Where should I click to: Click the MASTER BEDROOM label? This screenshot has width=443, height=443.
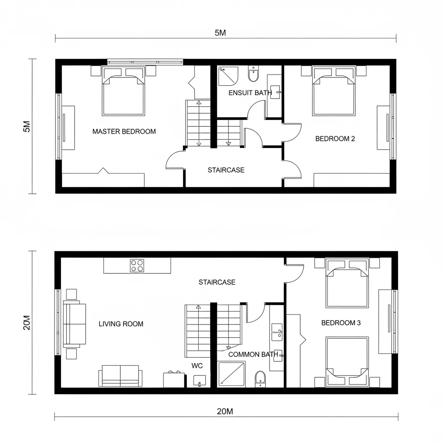(x=124, y=132)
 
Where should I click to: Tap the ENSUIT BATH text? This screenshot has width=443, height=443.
(x=250, y=93)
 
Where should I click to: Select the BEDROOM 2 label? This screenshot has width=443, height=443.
(x=335, y=139)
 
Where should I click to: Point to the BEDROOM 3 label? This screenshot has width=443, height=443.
(x=341, y=323)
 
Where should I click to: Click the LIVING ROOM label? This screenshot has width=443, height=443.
(x=121, y=324)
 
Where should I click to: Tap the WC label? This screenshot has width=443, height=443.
(x=197, y=366)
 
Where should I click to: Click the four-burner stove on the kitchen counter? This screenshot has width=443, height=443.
(x=137, y=265)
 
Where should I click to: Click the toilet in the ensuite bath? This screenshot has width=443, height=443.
(x=253, y=74)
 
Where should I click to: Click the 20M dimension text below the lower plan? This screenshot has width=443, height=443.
(x=225, y=411)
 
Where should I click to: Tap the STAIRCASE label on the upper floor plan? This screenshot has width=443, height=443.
(x=226, y=170)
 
